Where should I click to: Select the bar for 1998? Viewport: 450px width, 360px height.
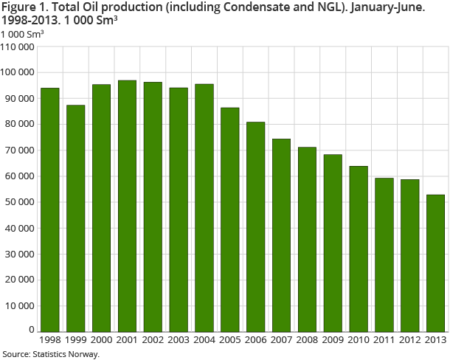[x=49, y=210]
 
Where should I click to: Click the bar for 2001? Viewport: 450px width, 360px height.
[x=127, y=206]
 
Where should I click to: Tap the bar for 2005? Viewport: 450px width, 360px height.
[x=230, y=219]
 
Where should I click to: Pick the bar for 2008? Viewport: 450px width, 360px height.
[x=307, y=239]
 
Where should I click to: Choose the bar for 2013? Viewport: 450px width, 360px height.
[x=435, y=263]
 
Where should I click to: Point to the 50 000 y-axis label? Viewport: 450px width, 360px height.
[x=19, y=202]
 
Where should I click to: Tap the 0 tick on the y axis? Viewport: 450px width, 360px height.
[x=31, y=330]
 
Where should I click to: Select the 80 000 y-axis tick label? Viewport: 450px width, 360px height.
[x=19, y=125]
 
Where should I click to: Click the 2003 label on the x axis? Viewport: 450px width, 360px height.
[x=179, y=340]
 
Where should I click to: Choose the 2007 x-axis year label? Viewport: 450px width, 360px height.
[x=281, y=340]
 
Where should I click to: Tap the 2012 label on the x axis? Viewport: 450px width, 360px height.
[x=409, y=340]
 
